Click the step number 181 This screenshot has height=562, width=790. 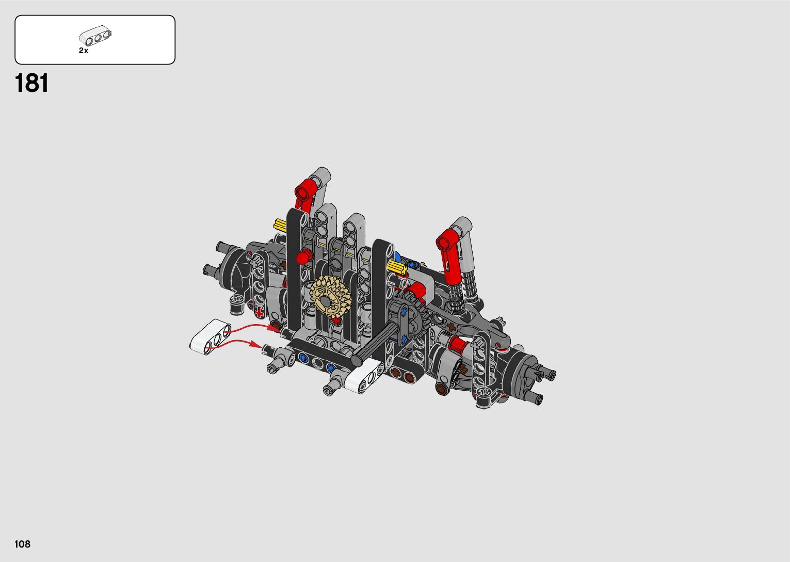pyautogui.click(x=31, y=84)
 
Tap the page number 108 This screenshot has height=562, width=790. pyautogui.click(x=22, y=544)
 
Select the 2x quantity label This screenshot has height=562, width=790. pyautogui.click(x=84, y=51)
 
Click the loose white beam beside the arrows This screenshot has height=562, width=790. pyautogui.click(x=211, y=336)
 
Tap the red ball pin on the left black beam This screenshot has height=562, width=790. pyautogui.click(x=303, y=256)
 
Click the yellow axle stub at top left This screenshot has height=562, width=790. pyautogui.click(x=280, y=224)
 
